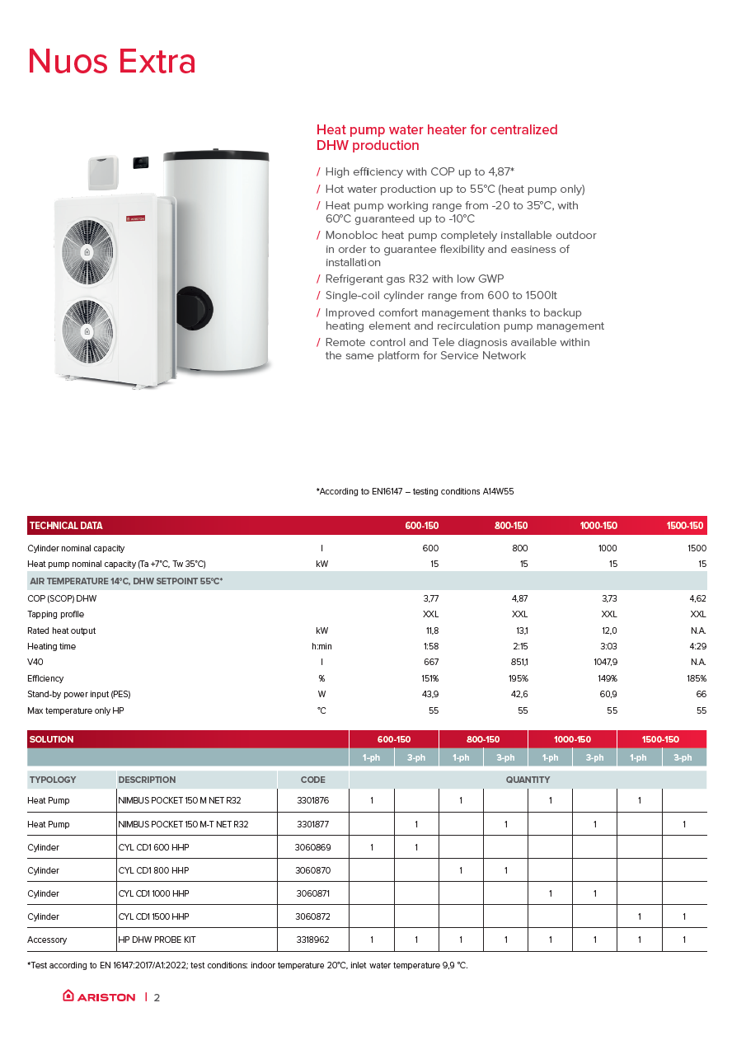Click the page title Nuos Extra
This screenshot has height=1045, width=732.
(x=112, y=62)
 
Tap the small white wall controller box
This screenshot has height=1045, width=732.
(x=105, y=173)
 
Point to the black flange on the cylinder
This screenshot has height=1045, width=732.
(x=195, y=305)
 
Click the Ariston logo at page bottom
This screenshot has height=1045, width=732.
(x=99, y=996)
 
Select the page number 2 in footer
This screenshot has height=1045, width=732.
(x=157, y=997)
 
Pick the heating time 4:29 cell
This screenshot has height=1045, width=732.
(x=696, y=646)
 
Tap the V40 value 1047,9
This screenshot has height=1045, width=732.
(x=604, y=662)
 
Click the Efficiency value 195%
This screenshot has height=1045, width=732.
(x=517, y=678)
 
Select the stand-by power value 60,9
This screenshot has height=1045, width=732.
(x=607, y=694)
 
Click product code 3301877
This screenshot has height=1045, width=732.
(x=312, y=824)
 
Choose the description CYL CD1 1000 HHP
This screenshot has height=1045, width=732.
(x=155, y=893)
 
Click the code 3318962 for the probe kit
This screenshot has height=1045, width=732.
(x=312, y=940)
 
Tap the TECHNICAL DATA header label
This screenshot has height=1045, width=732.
(x=66, y=526)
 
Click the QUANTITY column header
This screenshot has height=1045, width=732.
(x=528, y=780)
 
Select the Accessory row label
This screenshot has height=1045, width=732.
(x=47, y=940)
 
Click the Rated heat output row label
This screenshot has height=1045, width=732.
(x=61, y=630)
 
